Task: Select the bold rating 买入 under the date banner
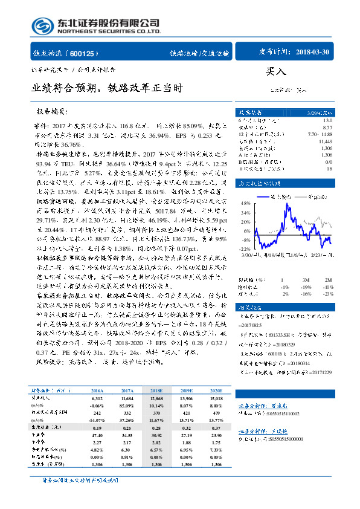click(276, 71)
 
